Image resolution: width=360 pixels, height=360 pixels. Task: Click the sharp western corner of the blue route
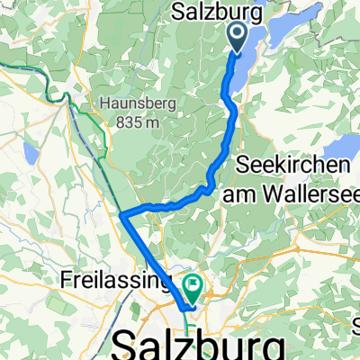(x=121, y=215)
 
